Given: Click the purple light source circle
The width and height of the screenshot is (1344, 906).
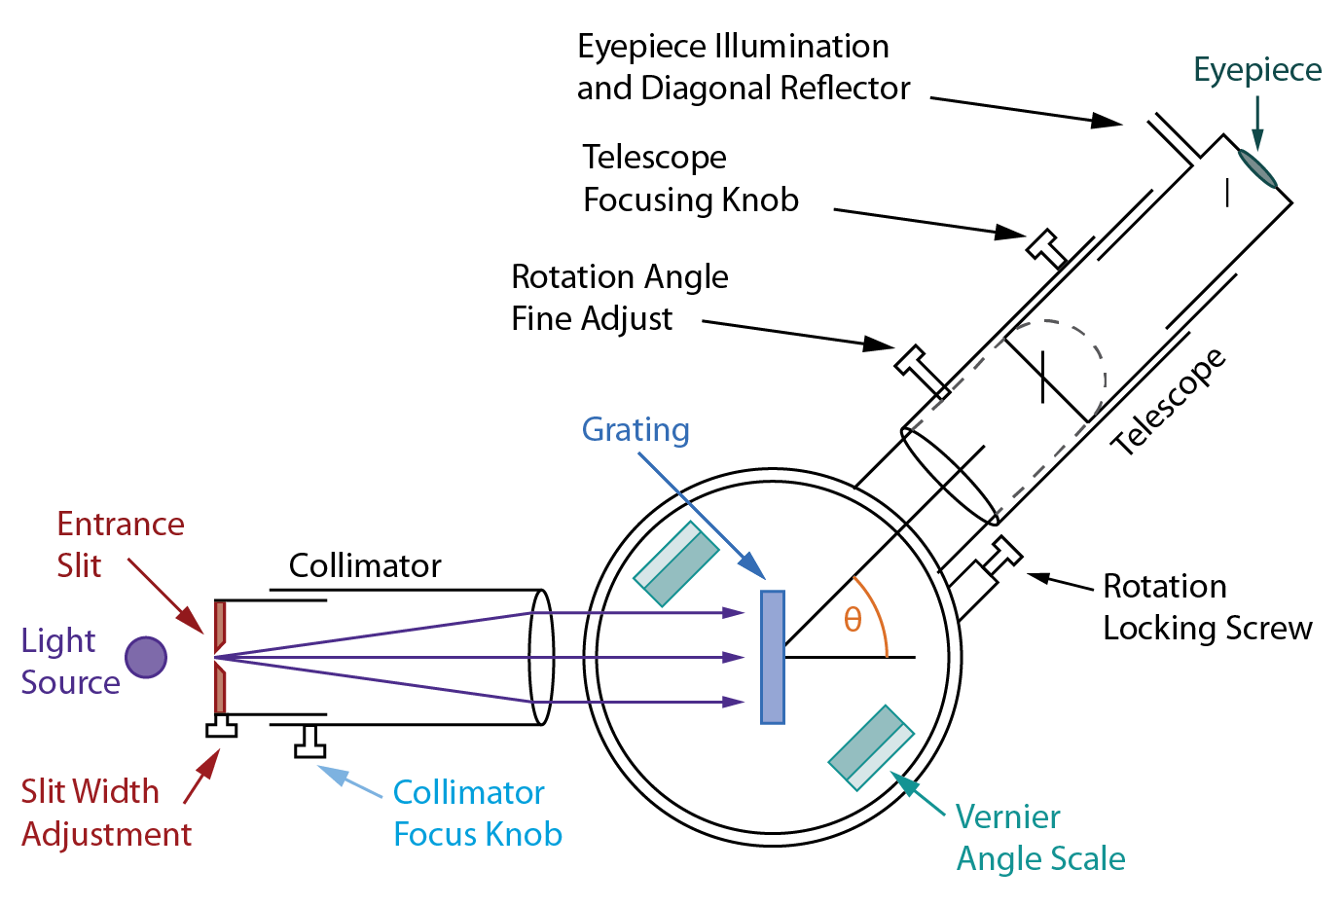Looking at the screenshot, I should click(146, 658).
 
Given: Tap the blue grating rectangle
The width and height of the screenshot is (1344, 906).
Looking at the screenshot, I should click(773, 657).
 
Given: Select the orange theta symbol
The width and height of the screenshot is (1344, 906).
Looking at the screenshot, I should click(853, 620).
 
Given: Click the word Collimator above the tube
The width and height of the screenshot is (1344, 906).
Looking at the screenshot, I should click(365, 565).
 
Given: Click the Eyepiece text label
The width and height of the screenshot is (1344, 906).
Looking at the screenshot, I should click(1257, 70).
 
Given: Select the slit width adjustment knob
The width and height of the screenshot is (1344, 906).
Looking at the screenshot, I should click(222, 727).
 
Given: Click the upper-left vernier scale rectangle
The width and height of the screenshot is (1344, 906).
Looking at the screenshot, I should click(675, 564).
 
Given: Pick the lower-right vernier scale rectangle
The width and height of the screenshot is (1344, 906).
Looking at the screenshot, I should click(871, 746).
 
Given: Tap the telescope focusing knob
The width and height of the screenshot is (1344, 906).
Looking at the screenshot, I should click(1047, 245).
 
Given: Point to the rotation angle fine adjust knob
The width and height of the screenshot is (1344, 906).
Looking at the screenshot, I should click(918, 367).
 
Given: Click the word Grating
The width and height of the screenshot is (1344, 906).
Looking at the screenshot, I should click(636, 430).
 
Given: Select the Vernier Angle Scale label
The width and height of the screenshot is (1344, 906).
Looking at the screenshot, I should click(1039, 838).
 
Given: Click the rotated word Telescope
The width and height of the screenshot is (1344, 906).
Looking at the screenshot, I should click(1168, 402).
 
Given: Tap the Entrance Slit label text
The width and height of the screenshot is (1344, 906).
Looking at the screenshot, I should click(120, 544).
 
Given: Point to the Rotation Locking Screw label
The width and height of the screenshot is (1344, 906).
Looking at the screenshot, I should click(1207, 607).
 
